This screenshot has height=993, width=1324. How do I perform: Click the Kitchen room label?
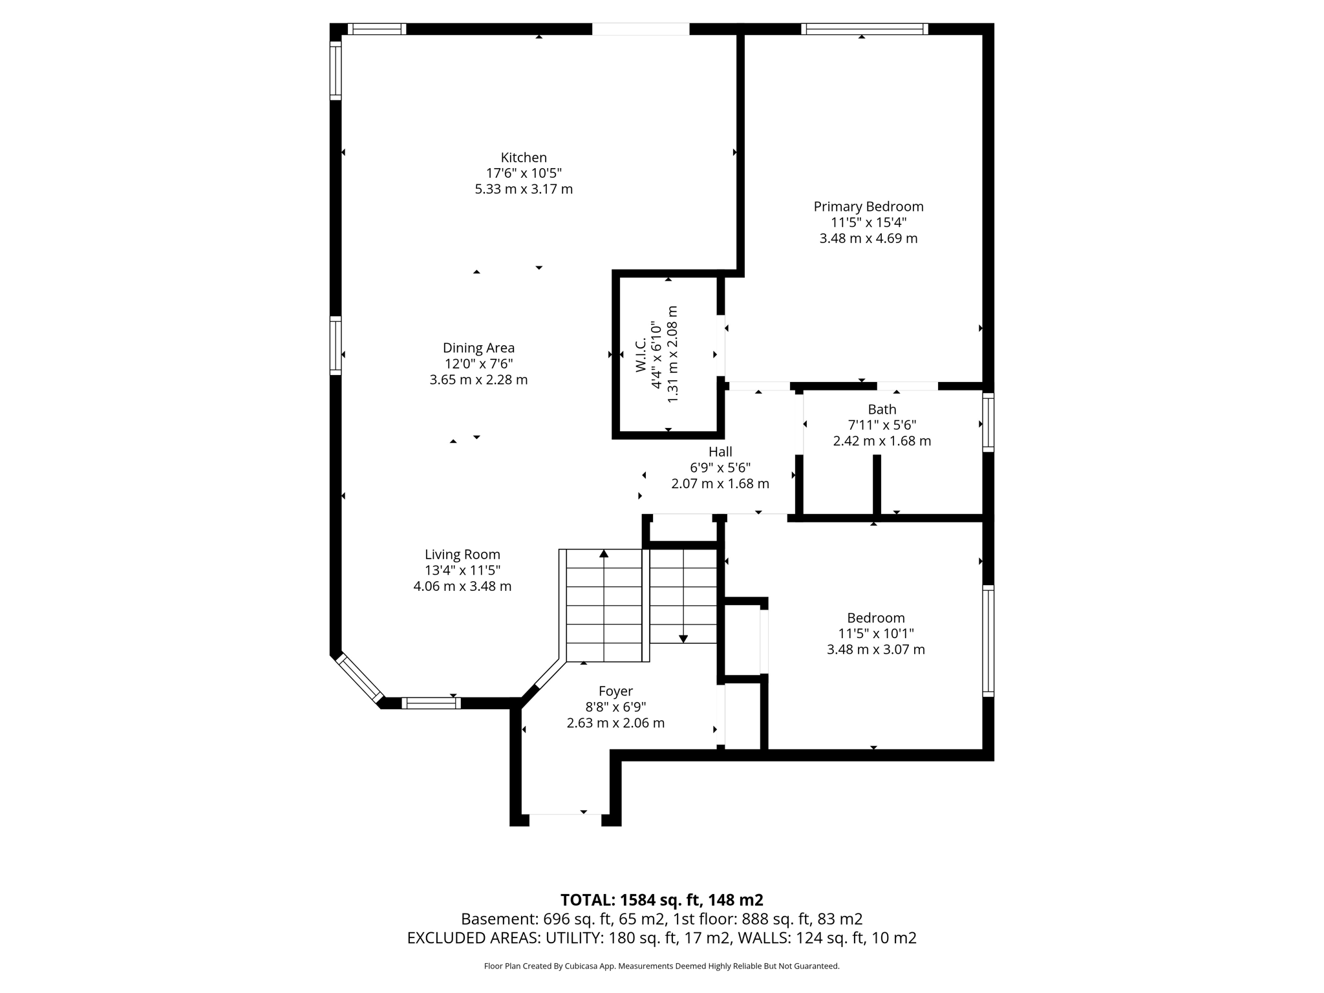click(x=524, y=158)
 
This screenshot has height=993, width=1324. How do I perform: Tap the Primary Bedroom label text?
click(x=868, y=207)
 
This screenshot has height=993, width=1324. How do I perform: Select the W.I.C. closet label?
click(x=641, y=355)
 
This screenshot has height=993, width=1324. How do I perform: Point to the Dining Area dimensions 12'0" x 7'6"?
click(x=478, y=364)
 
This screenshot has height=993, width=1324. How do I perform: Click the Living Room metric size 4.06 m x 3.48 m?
click(x=462, y=586)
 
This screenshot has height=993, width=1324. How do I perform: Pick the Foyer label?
click(x=615, y=691)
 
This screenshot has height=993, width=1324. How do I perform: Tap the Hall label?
click(x=720, y=452)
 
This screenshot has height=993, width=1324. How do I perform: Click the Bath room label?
click(x=882, y=409)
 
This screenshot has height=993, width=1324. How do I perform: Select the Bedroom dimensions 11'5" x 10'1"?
click(x=876, y=634)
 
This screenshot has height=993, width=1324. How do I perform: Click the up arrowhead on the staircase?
click(x=604, y=553)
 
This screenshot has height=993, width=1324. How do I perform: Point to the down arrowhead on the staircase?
click(x=683, y=639)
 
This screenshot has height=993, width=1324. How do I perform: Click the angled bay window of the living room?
click(x=359, y=679)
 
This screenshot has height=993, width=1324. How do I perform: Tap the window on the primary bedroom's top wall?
click(x=864, y=29)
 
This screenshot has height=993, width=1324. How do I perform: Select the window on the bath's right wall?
click(x=988, y=422)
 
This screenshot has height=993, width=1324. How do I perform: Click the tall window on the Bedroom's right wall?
click(x=988, y=641)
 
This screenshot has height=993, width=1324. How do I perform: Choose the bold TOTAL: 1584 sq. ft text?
click(x=661, y=900)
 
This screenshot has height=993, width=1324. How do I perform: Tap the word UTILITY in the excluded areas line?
click(x=570, y=938)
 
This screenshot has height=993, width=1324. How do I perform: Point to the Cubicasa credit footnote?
click(x=661, y=966)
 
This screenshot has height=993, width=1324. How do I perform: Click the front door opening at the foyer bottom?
click(x=565, y=819)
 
